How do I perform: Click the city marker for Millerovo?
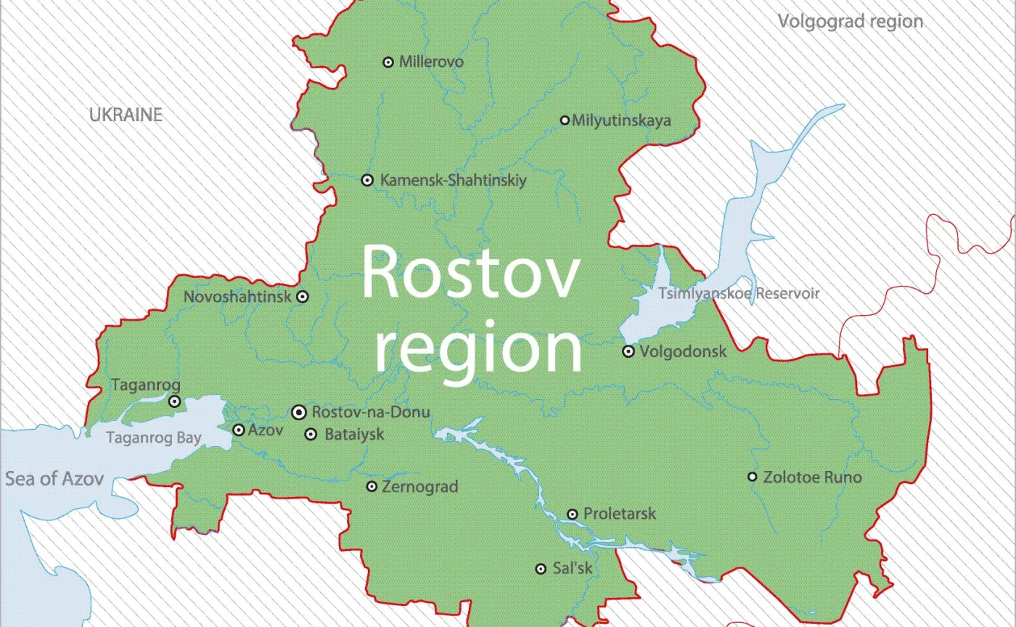point(388,62)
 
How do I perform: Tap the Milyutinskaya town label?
point(621,120)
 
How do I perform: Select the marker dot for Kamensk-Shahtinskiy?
point(367,180)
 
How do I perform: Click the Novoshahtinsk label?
point(237,297)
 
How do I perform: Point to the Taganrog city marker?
point(174,401)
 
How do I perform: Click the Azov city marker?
point(238,430)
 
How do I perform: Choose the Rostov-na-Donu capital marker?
point(298,412)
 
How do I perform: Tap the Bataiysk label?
point(354,435)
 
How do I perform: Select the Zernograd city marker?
point(372,486)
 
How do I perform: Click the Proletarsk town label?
point(619,514)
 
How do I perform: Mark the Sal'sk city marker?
point(541,569)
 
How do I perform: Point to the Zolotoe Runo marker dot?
point(753,477)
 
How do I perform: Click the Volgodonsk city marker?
point(628,352)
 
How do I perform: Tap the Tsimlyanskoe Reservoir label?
point(739,294)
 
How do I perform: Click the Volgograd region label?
point(851,21)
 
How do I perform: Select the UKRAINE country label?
point(126,115)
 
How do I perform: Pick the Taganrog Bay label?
point(153,438)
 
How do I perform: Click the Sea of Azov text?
point(54,479)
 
